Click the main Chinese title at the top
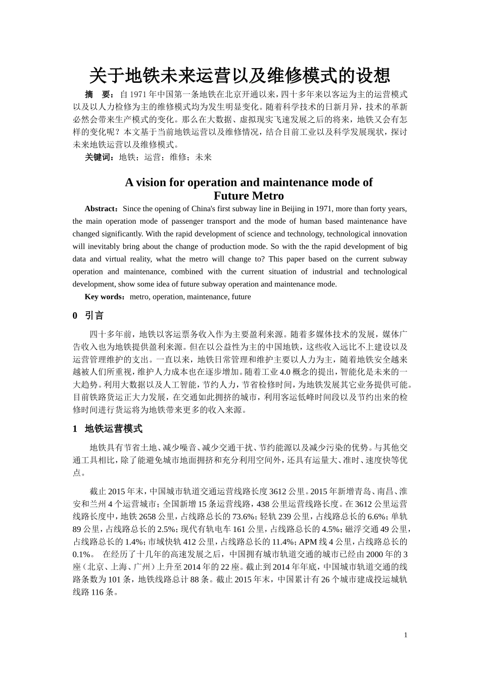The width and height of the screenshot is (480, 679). coord(239,76)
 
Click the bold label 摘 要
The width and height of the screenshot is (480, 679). coord(98,94)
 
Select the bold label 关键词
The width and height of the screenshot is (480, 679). coord(100,157)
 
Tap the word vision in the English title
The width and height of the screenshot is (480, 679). coord(151,182)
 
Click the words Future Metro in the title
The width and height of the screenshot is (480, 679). coord(249,196)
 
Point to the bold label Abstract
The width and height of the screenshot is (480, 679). coord(101,209)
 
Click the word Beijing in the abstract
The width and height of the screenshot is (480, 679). coord(288,209)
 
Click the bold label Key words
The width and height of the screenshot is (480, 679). coord(104,297)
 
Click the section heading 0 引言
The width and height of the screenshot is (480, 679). coord(88,316)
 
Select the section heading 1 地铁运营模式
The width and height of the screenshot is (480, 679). coord(108,429)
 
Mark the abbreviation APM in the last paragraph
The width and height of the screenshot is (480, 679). coord(308,542)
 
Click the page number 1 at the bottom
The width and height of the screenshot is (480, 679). coord(405,635)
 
